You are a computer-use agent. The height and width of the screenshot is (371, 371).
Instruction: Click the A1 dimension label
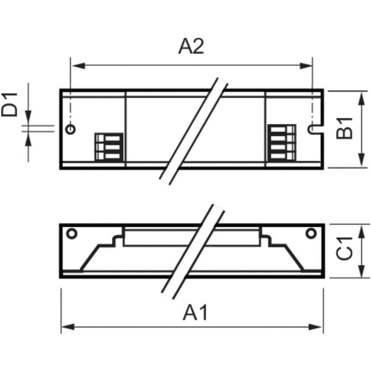195,313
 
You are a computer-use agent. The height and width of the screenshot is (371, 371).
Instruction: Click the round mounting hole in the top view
71,129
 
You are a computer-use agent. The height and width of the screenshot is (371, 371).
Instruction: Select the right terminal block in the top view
281,142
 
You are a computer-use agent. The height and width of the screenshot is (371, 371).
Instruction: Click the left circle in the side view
71,233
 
